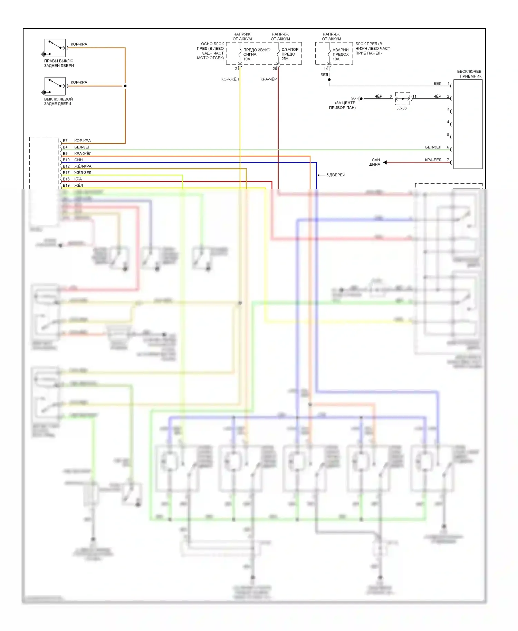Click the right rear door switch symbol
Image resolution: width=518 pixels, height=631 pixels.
click(55, 48)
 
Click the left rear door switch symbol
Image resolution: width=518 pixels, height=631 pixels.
click(55, 86)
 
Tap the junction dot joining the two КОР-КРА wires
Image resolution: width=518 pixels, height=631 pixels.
click(125, 86)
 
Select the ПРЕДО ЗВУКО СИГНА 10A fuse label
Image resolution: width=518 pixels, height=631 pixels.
click(257, 54)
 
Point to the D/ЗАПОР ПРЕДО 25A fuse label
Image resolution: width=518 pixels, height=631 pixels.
click(290, 54)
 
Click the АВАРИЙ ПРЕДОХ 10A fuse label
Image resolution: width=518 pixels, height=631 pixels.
click(340, 54)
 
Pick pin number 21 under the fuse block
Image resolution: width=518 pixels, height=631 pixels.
click(237, 69)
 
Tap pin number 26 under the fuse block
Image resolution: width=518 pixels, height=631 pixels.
click(275, 69)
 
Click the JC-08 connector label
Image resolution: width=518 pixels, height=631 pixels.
click(401, 108)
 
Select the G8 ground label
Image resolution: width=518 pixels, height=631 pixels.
click(353, 98)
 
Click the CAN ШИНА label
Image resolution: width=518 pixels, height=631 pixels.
click(375, 162)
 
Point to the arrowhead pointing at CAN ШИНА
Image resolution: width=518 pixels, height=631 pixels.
click(385, 162)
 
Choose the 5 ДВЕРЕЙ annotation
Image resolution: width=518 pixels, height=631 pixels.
click(336, 175)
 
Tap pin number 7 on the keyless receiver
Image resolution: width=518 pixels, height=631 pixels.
click(448, 160)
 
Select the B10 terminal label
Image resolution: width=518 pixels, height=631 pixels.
click(66, 160)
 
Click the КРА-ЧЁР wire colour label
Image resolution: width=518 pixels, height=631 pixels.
click(268, 79)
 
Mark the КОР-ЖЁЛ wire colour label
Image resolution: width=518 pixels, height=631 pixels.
click(230, 79)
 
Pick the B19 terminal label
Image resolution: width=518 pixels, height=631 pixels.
click(66, 186)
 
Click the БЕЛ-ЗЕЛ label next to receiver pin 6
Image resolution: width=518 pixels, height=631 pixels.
click(433, 147)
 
